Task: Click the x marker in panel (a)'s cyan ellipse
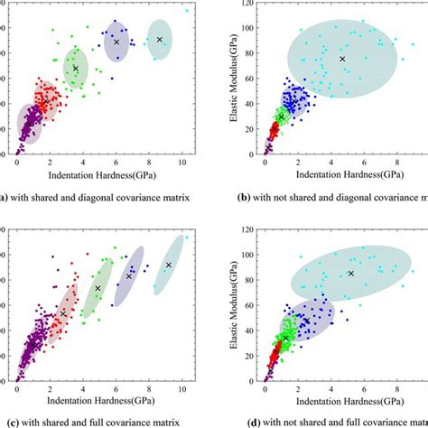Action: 160,39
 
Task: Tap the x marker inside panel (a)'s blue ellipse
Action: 116,42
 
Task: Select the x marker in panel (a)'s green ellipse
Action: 76,69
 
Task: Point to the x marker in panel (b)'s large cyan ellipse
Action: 342,60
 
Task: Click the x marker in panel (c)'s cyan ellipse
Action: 169,265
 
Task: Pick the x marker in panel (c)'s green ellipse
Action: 98,288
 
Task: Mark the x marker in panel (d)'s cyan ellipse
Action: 351,274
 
